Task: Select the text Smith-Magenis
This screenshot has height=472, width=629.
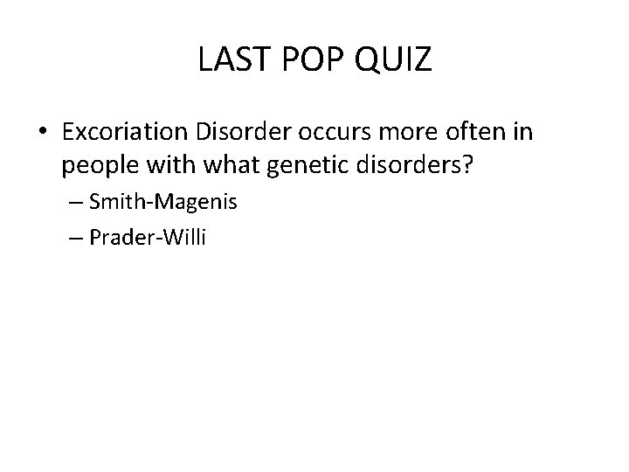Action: (x=163, y=203)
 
